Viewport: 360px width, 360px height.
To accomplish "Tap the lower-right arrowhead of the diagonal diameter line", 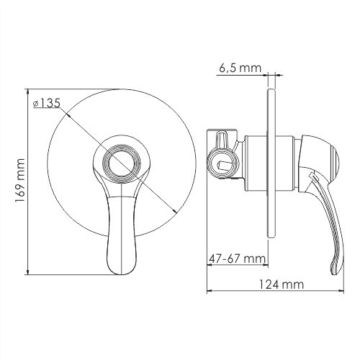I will tap(176, 210).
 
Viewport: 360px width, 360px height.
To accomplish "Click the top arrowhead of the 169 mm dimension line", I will tap(26, 90).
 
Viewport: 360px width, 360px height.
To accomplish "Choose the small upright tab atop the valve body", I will tap(222, 137).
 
